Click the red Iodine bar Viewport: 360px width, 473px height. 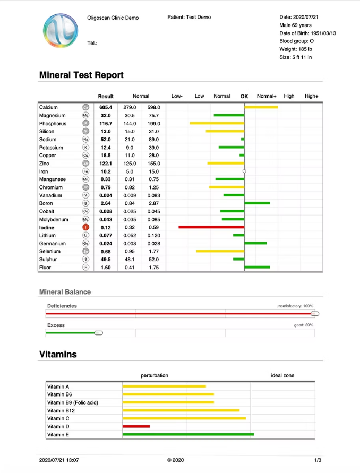coord(211,227)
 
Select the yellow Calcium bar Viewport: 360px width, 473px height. coord(261,107)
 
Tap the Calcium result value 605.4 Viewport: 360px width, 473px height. coord(106,107)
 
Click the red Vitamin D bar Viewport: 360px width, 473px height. coord(136,426)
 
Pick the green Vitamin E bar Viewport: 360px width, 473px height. coord(188,434)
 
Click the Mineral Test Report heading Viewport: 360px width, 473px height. coord(81,75)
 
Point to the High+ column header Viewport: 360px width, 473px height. coord(311,96)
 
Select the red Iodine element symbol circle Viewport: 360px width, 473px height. coord(85,227)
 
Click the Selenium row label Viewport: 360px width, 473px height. coord(50,251)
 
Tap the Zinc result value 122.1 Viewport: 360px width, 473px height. coord(106,164)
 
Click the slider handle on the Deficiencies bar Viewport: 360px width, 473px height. coord(314,314)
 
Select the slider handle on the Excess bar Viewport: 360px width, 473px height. coord(98,333)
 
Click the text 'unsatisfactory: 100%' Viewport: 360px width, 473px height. coord(295,306)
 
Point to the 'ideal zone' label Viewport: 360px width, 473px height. coord(282,375)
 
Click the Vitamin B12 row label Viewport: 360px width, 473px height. coord(61,410)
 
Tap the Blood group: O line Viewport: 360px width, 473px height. coord(296,41)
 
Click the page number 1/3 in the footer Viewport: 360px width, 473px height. coord(318,460)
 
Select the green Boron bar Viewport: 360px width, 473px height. coord(257,203)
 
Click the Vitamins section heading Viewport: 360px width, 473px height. coord(58,354)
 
